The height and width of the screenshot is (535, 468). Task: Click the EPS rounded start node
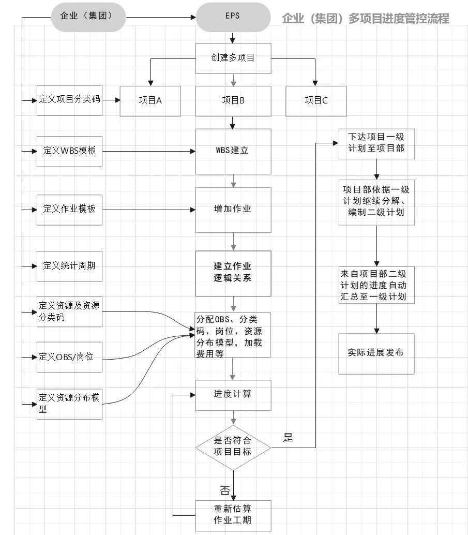[233, 17]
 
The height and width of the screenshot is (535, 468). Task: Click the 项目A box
[150, 100]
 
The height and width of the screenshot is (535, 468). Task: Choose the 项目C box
[316, 100]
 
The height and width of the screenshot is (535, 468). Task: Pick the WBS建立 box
[233, 151]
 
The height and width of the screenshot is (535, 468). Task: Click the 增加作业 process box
[233, 210]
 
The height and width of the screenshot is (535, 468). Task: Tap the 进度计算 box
[233, 394]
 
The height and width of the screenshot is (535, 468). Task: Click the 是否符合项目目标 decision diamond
[233, 447]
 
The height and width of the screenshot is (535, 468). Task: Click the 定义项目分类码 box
[69, 99]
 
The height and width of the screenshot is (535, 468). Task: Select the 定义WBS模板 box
[69, 151]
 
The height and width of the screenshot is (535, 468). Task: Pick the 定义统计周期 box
[69, 266]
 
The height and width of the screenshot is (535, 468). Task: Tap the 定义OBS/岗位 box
[69, 356]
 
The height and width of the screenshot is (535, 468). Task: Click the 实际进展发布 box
[376, 353]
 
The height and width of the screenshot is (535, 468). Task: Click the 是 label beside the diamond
[288, 438]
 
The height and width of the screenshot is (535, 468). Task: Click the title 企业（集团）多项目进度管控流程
[365, 19]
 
